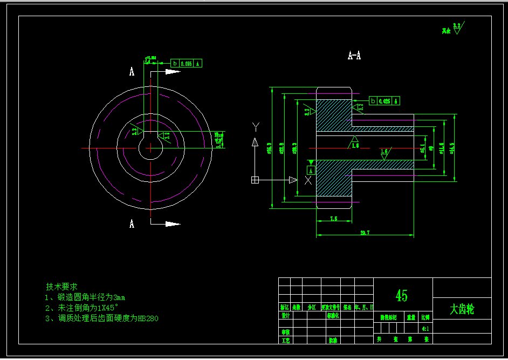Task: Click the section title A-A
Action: (x=354, y=55)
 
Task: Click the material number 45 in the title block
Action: (x=402, y=295)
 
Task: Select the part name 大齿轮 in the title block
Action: (x=462, y=309)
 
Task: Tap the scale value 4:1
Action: (x=425, y=328)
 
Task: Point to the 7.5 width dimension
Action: (x=333, y=219)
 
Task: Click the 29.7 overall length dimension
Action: (x=365, y=233)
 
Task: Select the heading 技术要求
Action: (x=62, y=287)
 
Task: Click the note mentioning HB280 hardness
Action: (x=102, y=318)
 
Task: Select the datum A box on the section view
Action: (x=311, y=170)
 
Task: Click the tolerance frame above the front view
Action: (x=187, y=63)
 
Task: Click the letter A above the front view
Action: (x=132, y=71)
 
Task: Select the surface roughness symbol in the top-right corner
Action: (x=456, y=28)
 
